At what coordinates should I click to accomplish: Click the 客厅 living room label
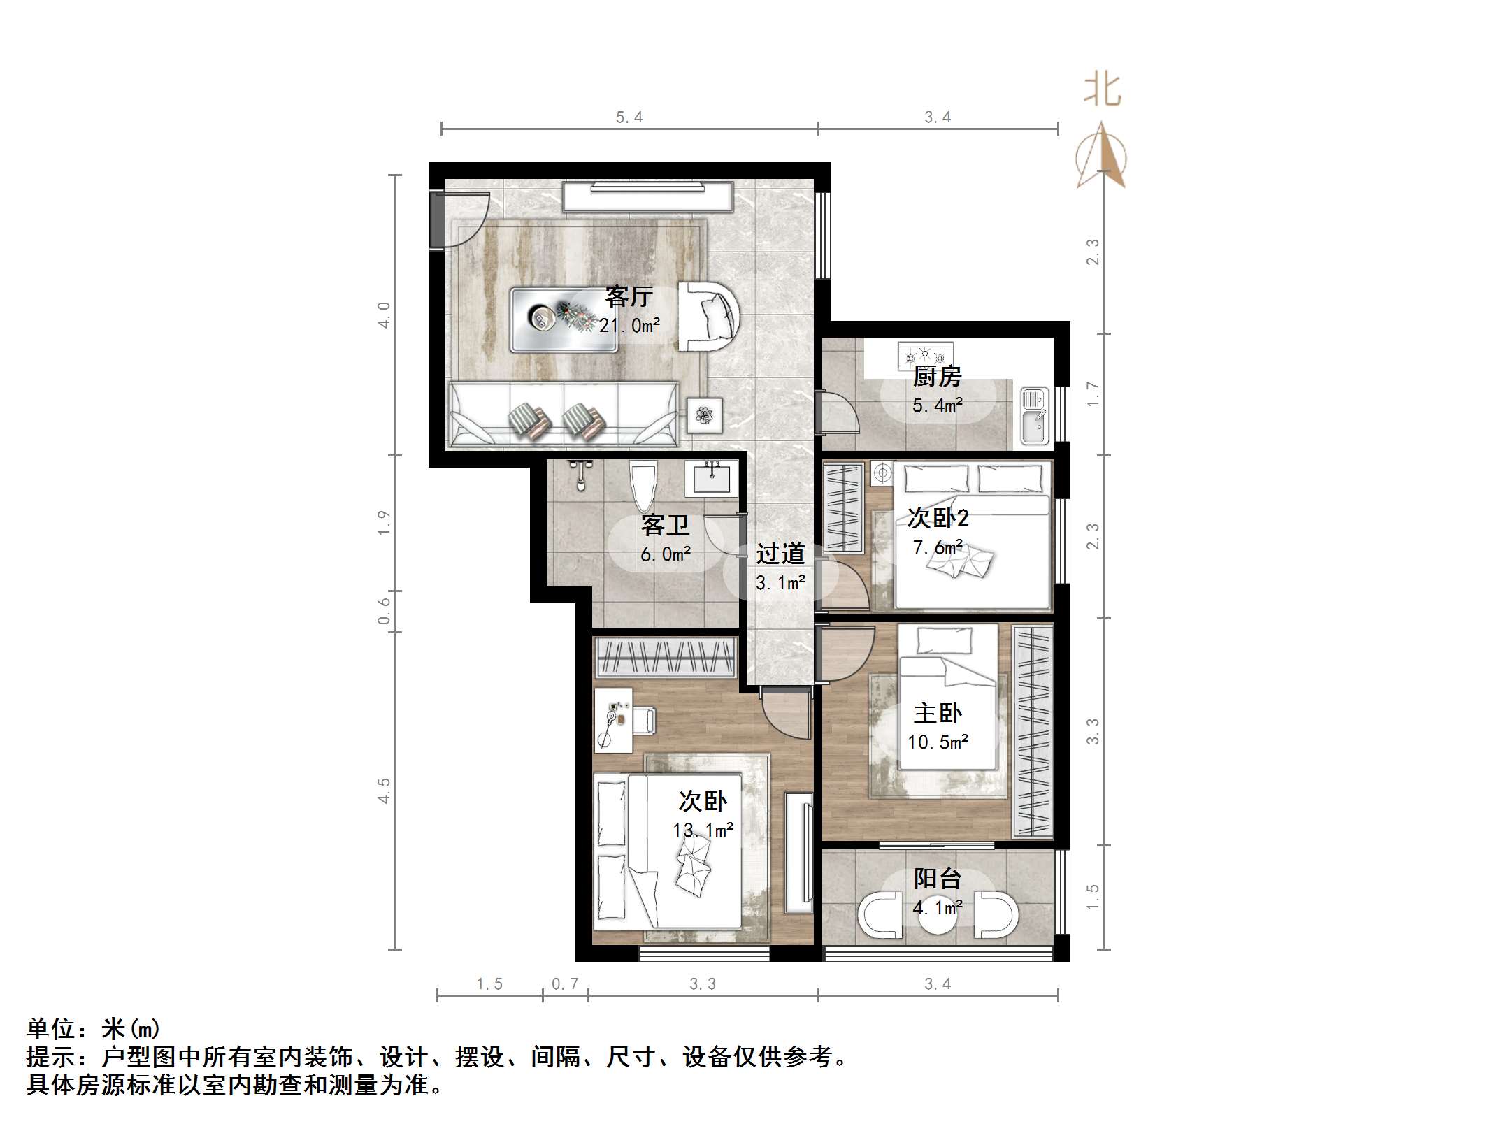(629, 297)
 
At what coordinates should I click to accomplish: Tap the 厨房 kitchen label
(937, 377)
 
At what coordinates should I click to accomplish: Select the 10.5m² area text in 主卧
(938, 742)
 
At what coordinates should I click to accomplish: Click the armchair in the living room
(708, 317)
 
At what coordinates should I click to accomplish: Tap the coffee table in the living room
(564, 319)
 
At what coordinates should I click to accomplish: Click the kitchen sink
(1034, 417)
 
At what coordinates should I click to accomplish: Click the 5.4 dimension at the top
(629, 117)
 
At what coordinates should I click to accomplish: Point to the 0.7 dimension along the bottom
(565, 984)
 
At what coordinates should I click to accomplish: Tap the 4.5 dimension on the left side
(384, 791)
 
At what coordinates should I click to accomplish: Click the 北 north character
(1102, 90)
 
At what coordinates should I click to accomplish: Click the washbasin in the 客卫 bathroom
(711, 479)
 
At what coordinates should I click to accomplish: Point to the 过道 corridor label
(780, 554)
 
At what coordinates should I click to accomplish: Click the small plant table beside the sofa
(704, 415)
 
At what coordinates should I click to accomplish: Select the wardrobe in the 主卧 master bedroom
(1033, 731)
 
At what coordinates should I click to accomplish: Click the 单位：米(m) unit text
(94, 1029)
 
